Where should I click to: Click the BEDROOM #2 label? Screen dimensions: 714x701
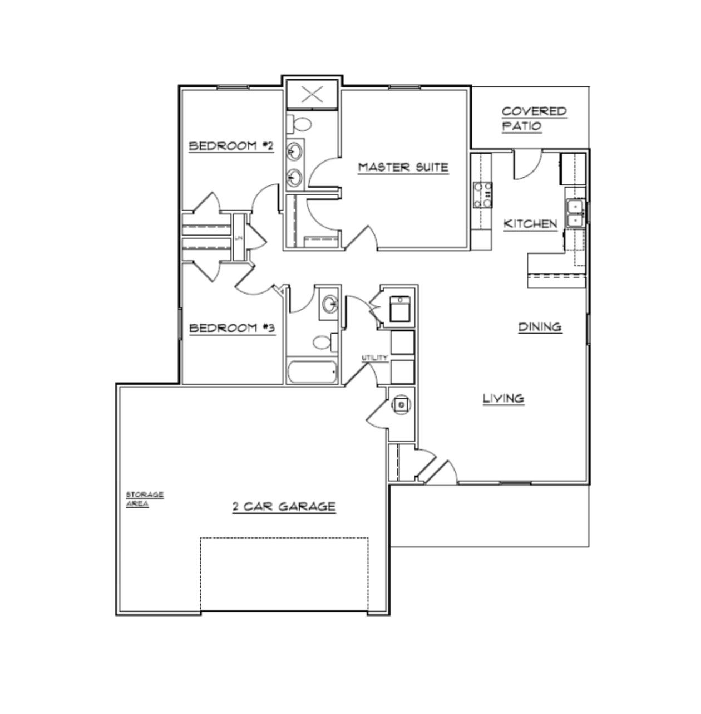[231, 146]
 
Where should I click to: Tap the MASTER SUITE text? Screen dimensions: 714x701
[403, 167]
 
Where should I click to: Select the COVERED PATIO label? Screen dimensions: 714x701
[534, 119]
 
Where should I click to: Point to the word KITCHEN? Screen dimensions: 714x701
[530, 224]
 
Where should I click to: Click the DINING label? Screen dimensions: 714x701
[540, 327]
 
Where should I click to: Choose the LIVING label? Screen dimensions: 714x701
[503, 398]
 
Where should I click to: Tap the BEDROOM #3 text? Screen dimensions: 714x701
[232, 328]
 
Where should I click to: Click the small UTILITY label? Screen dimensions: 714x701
[374, 358]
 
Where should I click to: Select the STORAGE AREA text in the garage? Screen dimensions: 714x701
[145, 499]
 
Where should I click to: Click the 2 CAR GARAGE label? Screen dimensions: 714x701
[284, 506]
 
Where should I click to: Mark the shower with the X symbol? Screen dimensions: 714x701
[312, 95]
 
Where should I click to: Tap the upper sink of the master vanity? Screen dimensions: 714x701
[295, 150]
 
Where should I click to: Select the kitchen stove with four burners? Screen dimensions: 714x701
[482, 195]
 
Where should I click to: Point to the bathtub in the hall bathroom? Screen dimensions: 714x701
[312, 371]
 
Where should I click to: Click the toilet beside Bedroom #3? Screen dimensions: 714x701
[323, 341]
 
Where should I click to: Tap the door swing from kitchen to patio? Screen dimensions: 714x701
[526, 165]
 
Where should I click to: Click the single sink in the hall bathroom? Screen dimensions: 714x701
[329, 304]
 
